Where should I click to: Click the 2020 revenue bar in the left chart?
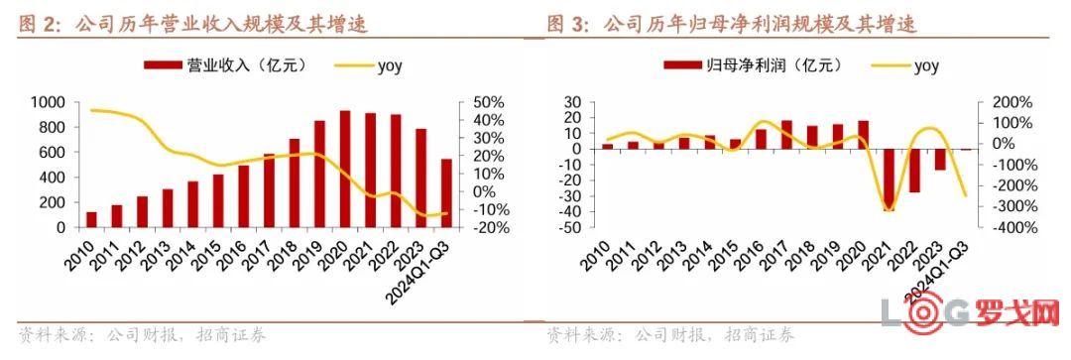[x=345, y=169]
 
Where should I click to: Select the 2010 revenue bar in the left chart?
[x=120, y=219]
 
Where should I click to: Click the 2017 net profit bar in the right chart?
[x=786, y=135]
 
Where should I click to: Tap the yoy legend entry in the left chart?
[x=371, y=66]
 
